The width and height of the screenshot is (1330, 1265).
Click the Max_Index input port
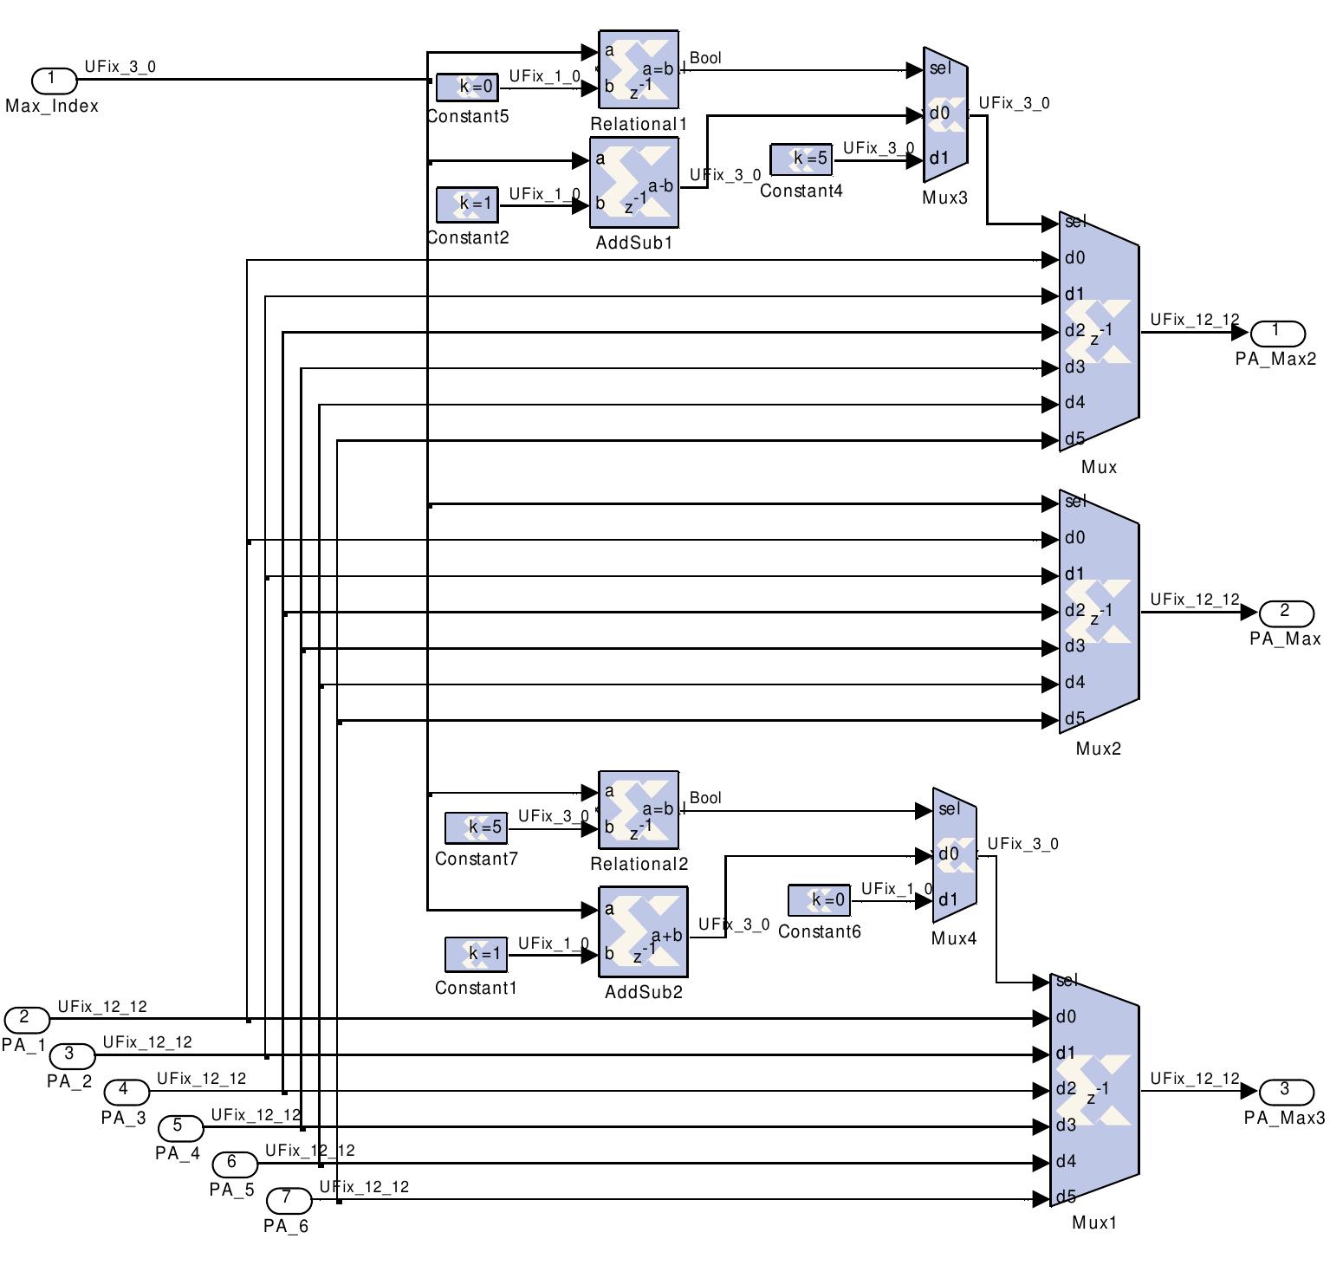point(54,81)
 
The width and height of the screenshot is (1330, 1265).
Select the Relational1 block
point(639,70)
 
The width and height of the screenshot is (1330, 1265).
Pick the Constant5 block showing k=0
point(466,87)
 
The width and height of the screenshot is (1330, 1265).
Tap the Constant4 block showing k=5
point(801,159)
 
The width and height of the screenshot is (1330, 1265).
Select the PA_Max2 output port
point(1277,332)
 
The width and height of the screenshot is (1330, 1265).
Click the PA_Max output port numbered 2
point(1286,613)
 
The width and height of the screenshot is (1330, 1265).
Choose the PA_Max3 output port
point(1286,1090)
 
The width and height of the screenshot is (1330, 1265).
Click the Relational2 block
point(639,810)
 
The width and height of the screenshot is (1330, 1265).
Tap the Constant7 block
point(476,827)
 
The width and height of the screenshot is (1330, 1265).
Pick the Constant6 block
point(819,901)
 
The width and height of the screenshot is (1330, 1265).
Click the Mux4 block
point(954,855)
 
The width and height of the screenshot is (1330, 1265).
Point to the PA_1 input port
point(26,1019)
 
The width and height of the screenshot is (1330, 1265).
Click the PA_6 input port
point(289,1200)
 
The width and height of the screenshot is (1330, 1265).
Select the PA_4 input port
point(180,1127)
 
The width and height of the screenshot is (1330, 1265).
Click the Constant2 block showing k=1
point(466,204)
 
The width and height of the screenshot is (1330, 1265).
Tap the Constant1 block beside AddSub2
point(476,954)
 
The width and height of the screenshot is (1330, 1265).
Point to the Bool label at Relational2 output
point(705,798)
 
